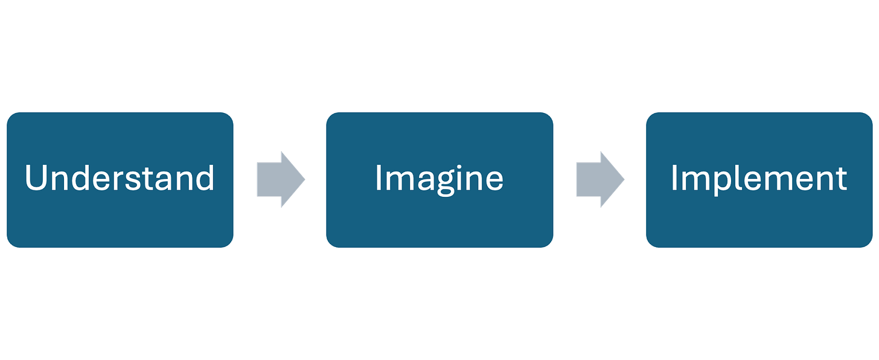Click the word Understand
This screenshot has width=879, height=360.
(120, 179)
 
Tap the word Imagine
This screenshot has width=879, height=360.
(439, 179)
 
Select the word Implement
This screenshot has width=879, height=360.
(759, 179)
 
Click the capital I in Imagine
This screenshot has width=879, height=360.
(379, 179)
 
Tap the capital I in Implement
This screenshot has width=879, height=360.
(674, 179)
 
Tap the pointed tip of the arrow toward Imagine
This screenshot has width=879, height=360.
(305, 179)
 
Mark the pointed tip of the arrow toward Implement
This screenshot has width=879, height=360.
(624, 179)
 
